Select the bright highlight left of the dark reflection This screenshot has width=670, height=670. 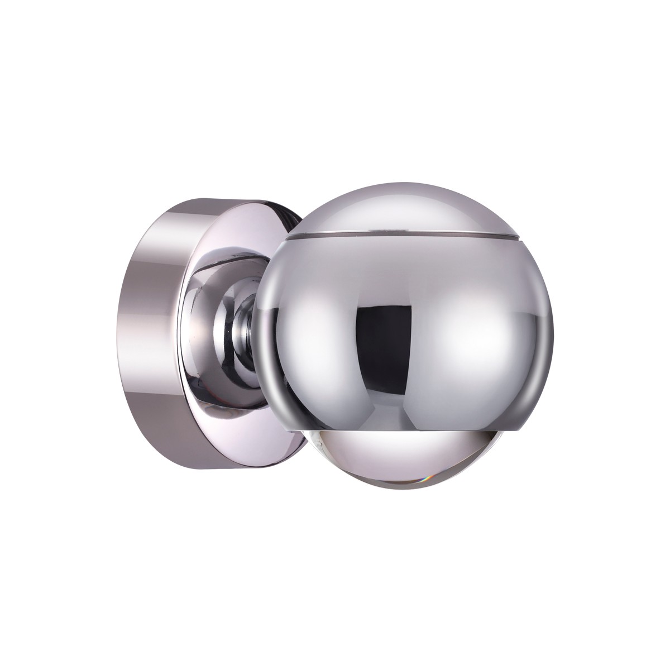pos(313,335)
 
